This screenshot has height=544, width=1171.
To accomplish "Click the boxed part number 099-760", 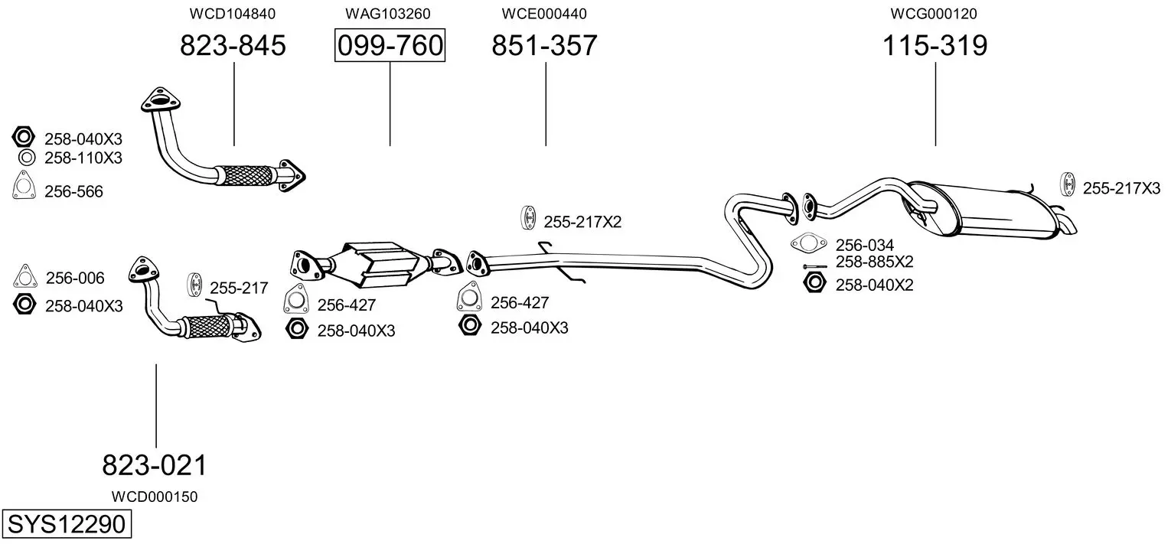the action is (x=390, y=45).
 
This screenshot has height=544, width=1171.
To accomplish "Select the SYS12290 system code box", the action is (x=67, y=523).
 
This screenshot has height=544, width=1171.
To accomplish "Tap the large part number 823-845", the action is (x=233, y=45).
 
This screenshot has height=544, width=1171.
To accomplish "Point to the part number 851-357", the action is (x=544, y=45).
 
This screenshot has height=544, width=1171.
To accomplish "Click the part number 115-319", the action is (x=935, y=45).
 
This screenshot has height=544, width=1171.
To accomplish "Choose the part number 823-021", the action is (x=155, y=465).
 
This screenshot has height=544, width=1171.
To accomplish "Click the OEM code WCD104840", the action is (x=232, y=14).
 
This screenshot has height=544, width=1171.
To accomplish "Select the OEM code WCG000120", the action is (x=934, y=14).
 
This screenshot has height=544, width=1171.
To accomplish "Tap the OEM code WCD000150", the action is (x=154, y=497).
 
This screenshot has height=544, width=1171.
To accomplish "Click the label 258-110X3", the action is (x=83, y=158).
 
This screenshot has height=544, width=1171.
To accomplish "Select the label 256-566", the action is (x=73, y=192).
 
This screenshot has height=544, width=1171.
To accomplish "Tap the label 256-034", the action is (x=865, y=245).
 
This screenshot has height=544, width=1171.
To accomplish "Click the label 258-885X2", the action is (x=874, y=261).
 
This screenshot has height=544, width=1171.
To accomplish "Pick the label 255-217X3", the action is (x=1121, y=188).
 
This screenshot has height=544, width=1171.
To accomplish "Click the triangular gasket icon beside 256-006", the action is (x=24, y=276).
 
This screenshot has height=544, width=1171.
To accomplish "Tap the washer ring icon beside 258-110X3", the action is (x=27, y=157).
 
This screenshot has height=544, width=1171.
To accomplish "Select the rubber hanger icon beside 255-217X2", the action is (x=529, y=218).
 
